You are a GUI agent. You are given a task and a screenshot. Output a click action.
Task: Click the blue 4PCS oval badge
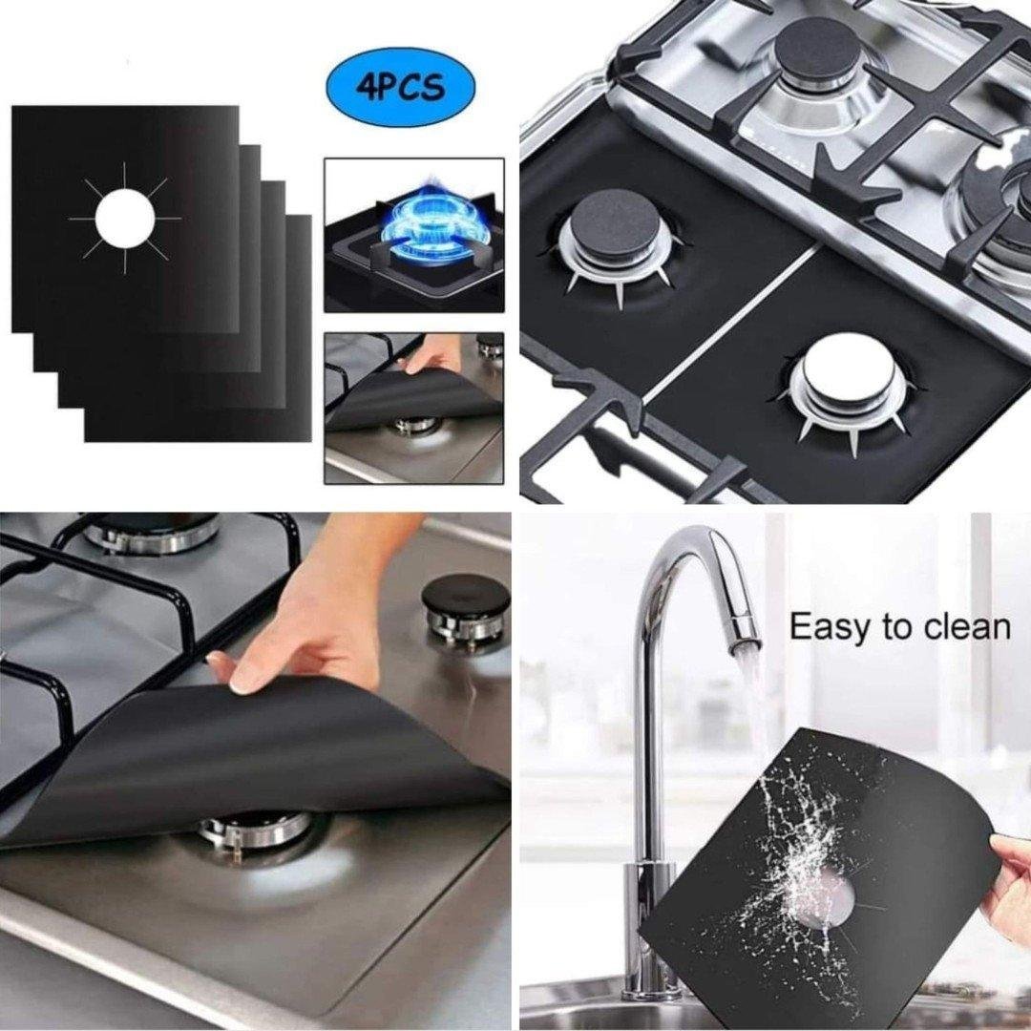coord(400,87)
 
